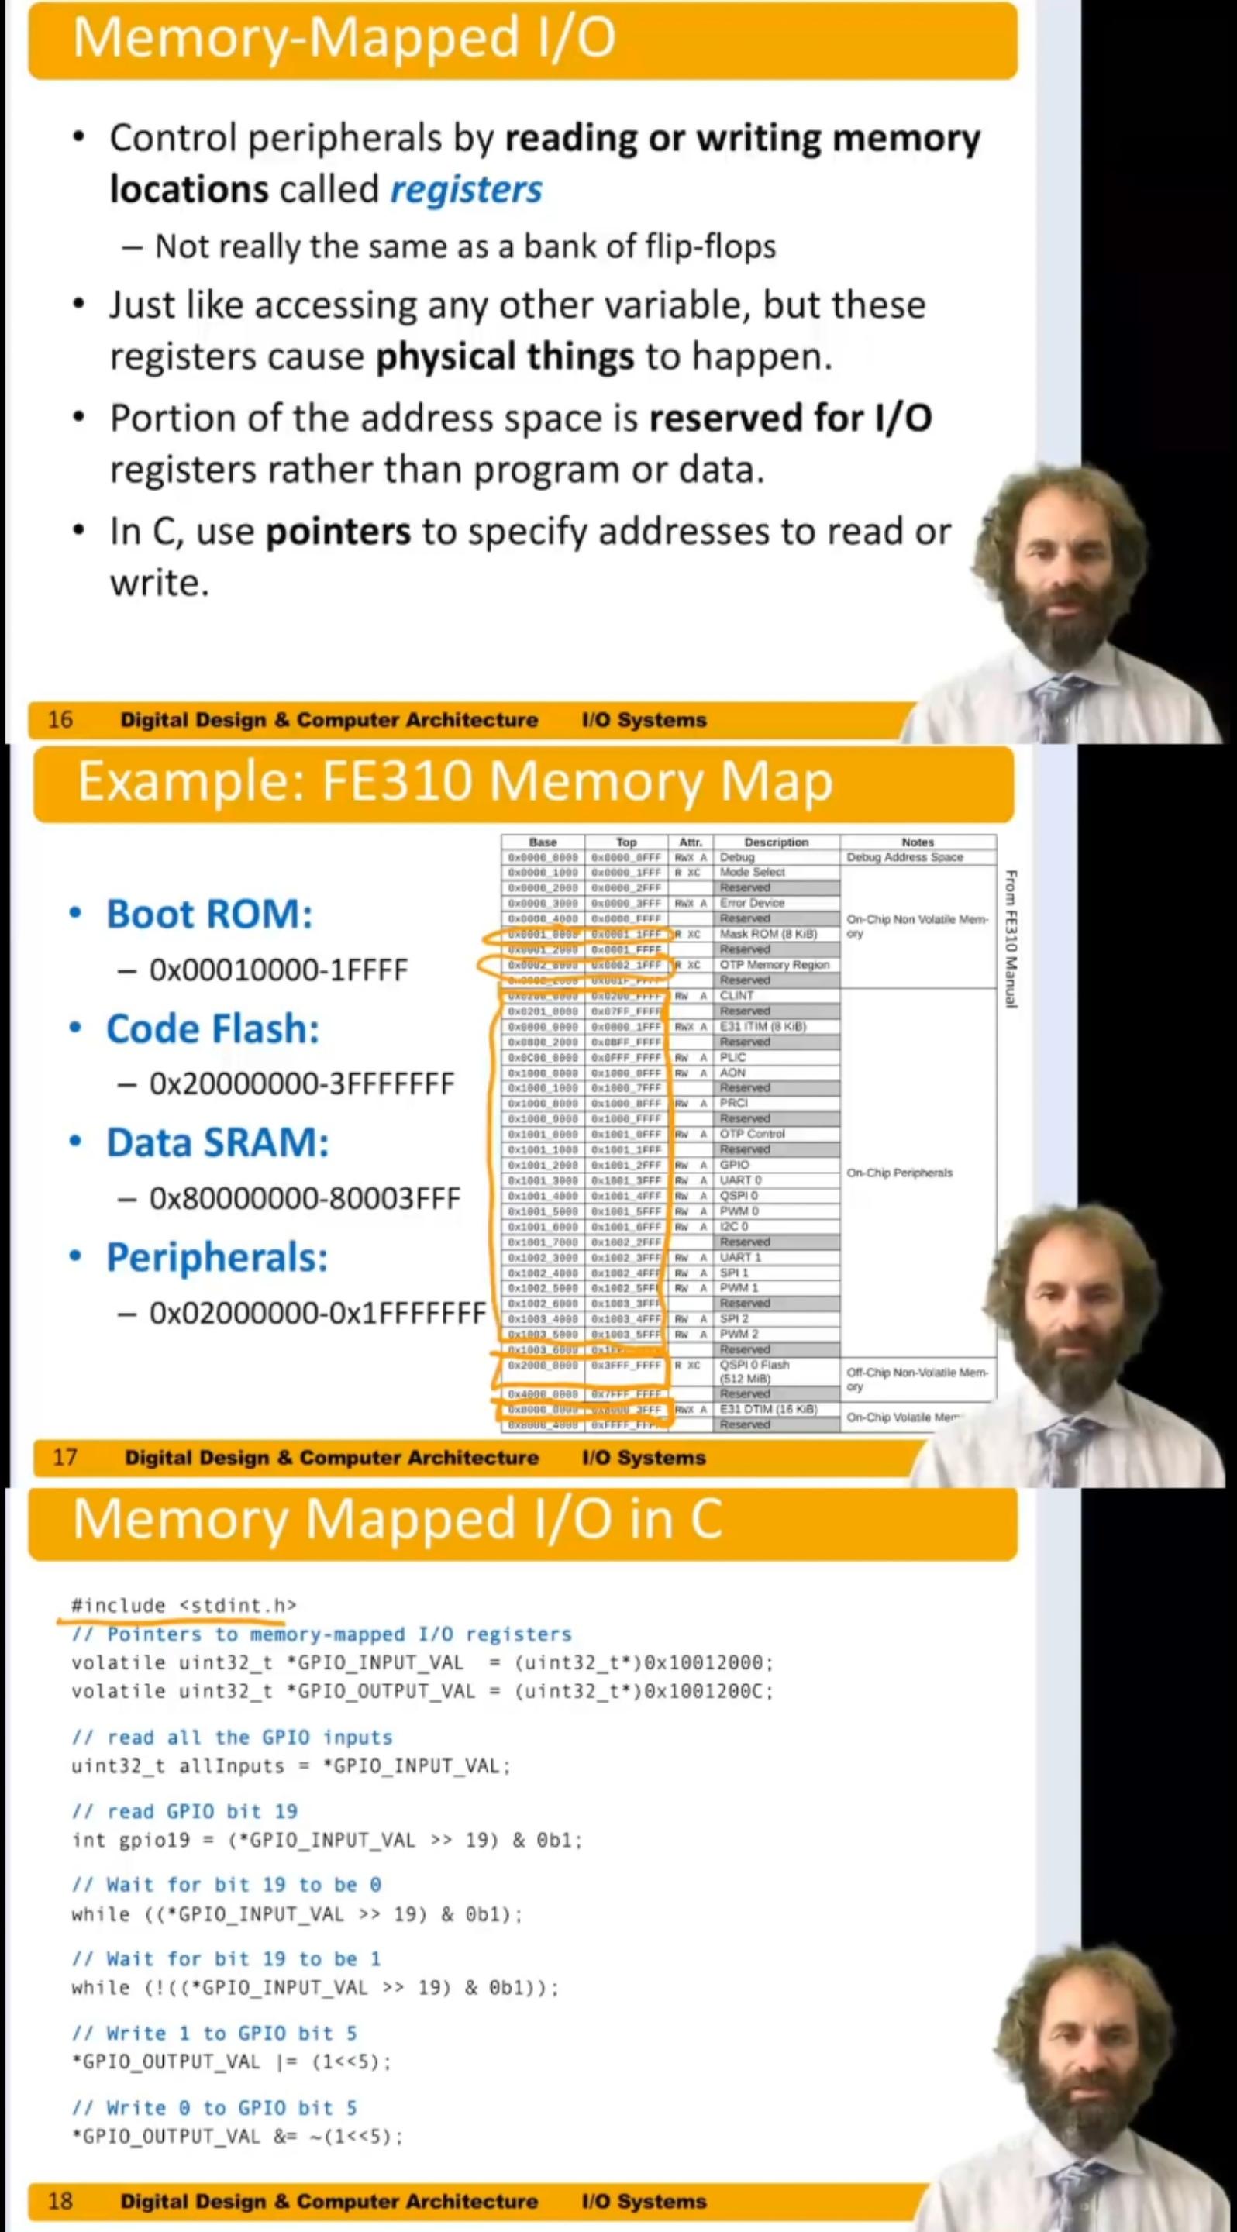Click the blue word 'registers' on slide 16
[466, 190]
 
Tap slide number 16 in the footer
[60, 719]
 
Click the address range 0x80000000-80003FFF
[305, 1198]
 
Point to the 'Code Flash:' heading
[212, 1028]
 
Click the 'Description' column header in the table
[776, 842]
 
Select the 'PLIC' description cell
[733, 1057]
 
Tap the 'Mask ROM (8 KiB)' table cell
[768, 934]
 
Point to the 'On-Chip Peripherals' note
[899, 1173]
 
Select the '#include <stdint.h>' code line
[184, 1606]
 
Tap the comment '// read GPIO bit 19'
[184, 1811]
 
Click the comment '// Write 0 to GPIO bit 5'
[214, 2107]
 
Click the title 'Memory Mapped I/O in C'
[397, 1519]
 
